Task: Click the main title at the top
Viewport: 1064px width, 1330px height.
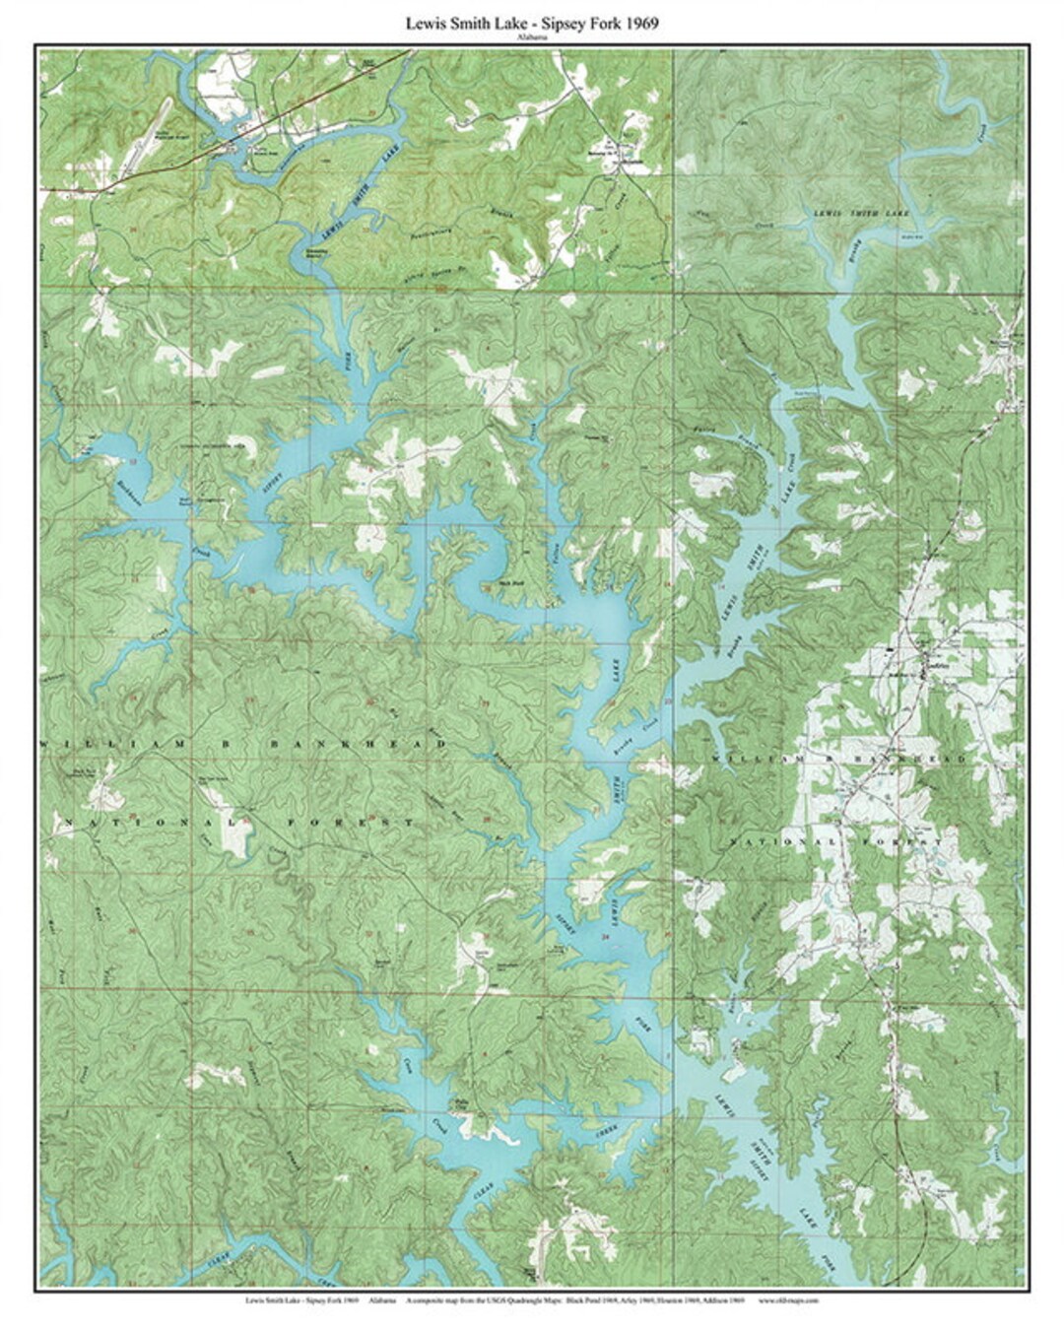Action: click(532, 24)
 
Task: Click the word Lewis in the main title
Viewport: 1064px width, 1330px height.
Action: click(425, 24)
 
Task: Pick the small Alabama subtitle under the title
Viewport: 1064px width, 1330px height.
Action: click(532, 37)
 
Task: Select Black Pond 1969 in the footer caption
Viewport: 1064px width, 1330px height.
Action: click(592, 1300)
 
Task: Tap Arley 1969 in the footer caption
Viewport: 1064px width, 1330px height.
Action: click(635, 1300)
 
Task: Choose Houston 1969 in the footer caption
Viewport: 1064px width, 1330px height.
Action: click(678, 1300)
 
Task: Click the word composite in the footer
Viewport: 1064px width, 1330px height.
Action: click(426, 1300)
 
